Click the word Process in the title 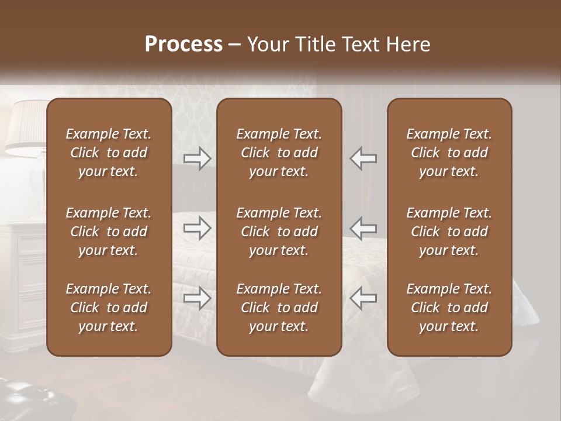coord(183,44)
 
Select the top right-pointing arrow coord(197,158)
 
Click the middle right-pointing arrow coord(197,228)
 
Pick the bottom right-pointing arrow coord(197,298)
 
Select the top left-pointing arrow coord(363,158)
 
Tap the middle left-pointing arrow coord(363,228)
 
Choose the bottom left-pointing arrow coord(363,298)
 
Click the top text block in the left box coord(109,153)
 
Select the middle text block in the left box coord(109,232)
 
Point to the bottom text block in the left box coord(109,308)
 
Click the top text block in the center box coord(279,153)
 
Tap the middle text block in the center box coord(279,232)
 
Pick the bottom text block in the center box coord(279,308)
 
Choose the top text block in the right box coord(449,153)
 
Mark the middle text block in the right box coord(449,232)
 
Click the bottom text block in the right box coord(449,308)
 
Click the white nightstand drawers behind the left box coord(23,275)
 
